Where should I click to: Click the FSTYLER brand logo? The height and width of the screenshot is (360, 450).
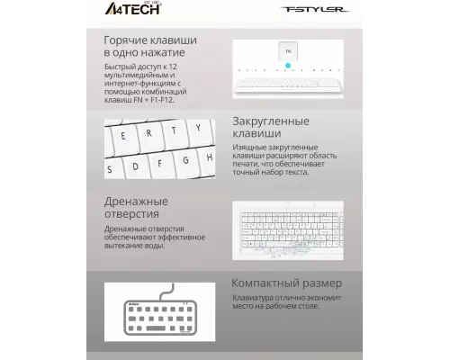coord(310,13)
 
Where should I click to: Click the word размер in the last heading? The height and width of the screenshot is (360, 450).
coord(322,283)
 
